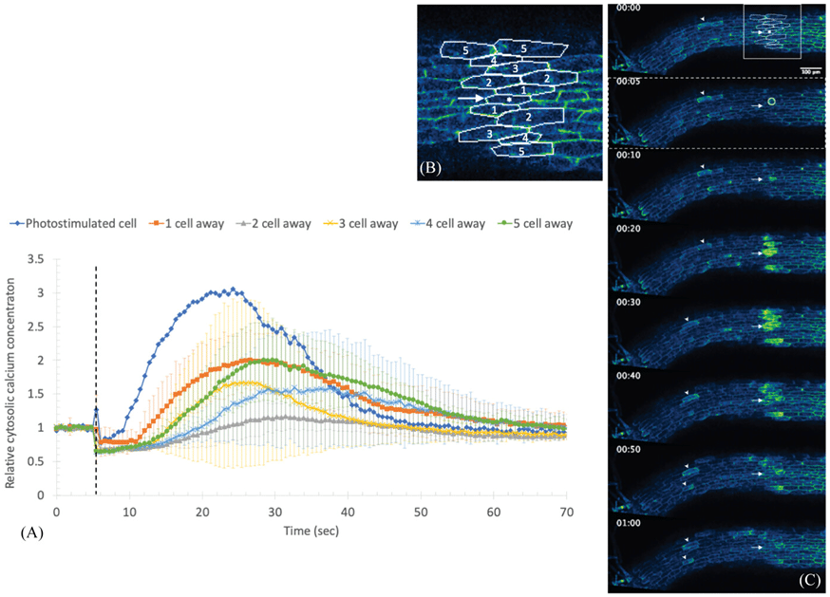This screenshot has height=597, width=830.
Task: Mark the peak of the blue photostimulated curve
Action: pyautogui.click(x=232, y=289)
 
